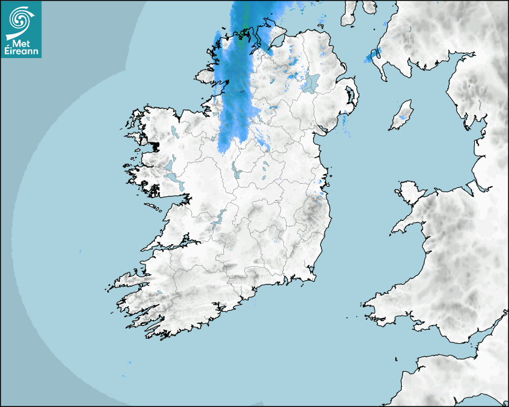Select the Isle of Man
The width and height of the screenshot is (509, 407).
402,115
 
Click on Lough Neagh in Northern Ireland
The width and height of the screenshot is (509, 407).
311,83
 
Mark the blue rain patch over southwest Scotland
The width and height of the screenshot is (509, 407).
372,56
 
